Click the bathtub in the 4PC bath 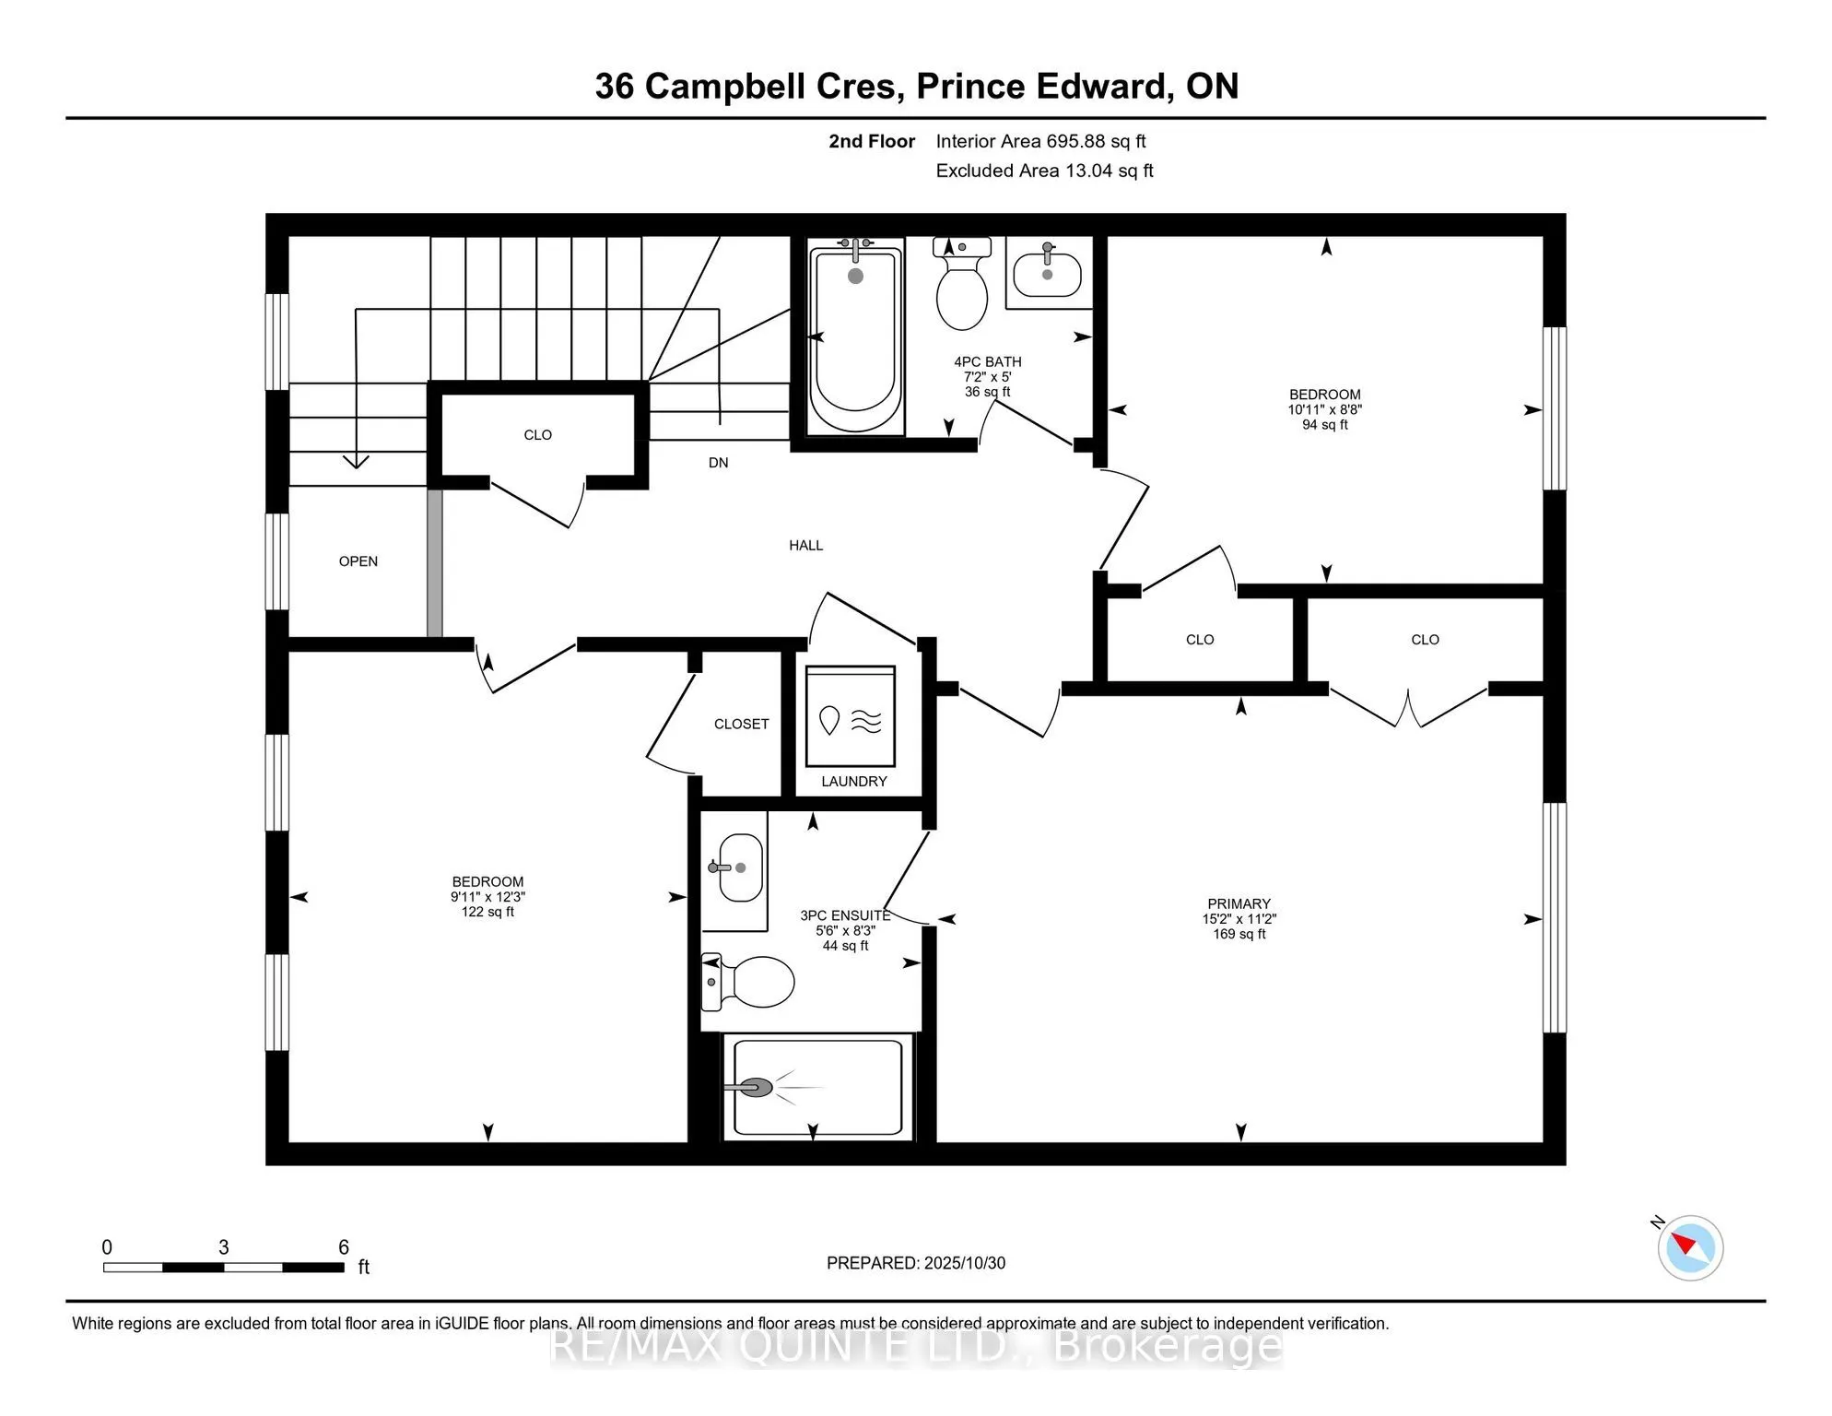855,336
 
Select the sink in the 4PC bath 1048,273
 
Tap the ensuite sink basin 740,867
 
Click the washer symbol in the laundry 851,716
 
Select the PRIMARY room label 1239,903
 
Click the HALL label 805,546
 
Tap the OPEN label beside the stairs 358,561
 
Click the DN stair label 718,463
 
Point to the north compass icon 1689,1247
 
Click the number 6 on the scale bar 344,1247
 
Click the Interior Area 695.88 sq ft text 1040,141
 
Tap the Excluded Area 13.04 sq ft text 1044,171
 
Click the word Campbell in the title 770,86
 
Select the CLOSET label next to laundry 741,725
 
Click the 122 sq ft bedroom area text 487,912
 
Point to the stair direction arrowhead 357,462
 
